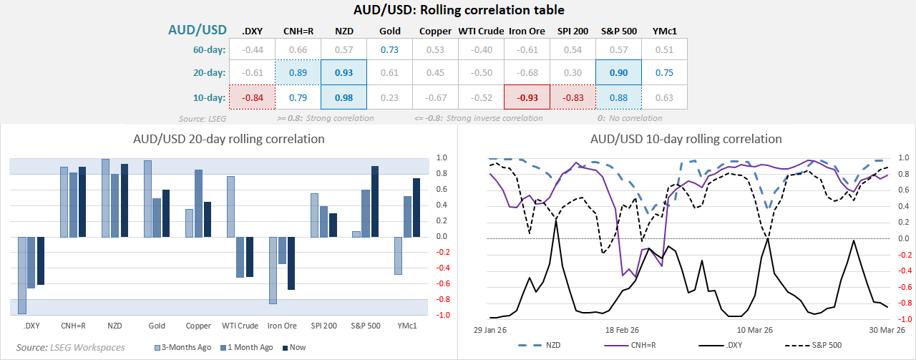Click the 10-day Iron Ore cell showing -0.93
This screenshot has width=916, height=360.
pyautogui.click(x=527, y=95)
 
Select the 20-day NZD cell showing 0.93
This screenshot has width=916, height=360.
pyautogui.click(x=343, y=72)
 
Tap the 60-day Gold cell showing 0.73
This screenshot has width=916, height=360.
pyautogui.click(x=389, y=49)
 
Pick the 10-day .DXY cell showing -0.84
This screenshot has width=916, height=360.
pyautogui.click(x=252, y=95)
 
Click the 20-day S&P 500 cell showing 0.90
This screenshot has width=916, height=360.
pyautogui.click(x=618, y=72)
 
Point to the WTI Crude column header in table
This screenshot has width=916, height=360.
pyautogui.click(x=481, y=31)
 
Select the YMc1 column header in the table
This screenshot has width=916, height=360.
pyautogui.click(x=664, y=31)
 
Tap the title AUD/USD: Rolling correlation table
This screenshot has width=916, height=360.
pyautogui.click(x=459, y=10)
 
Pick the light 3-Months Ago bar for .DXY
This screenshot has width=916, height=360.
pyautogui.click(x=22, y=275)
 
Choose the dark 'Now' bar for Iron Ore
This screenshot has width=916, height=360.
pyautogui.click(x=291, y=263)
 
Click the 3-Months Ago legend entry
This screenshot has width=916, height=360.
pyautogui.click(x=185, y=347)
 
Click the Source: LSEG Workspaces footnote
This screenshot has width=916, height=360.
pyautogui.click(x=70, y=347)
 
